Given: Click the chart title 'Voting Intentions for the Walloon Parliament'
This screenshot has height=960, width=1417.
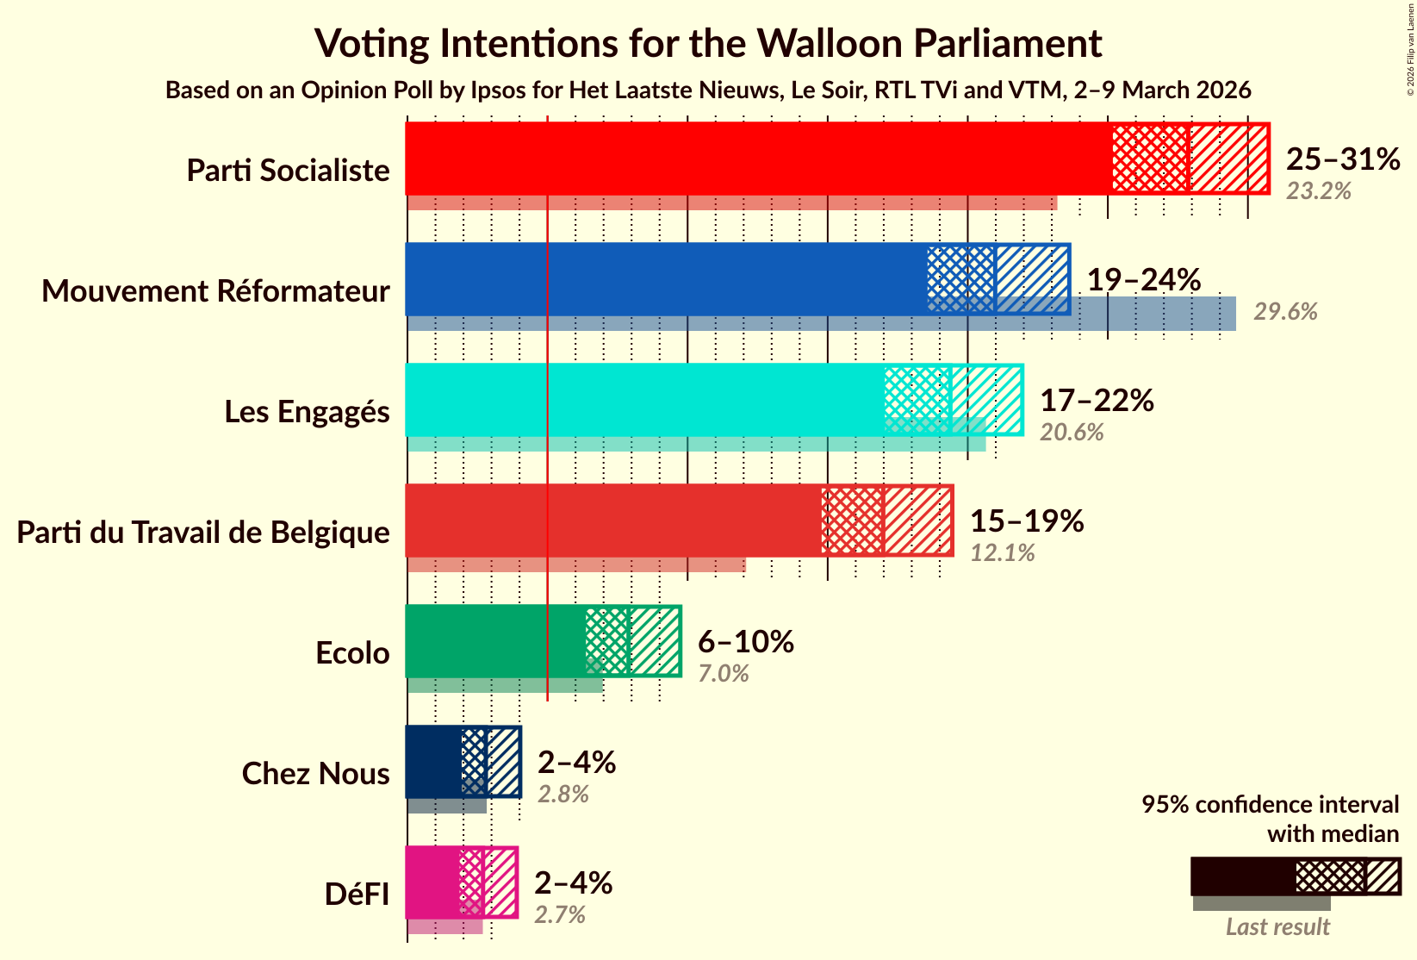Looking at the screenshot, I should [x=708, y=43].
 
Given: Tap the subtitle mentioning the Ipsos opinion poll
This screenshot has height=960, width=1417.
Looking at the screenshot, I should [x=708, y=90].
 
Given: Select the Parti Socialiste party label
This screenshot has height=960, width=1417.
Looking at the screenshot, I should [x=289, y=171].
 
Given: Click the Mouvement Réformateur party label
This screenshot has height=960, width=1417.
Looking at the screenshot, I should [x=216, y=291].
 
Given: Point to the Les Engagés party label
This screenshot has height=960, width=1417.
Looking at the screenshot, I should [x=308, y=412].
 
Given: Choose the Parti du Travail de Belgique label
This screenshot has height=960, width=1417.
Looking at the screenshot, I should [x=203, y=533].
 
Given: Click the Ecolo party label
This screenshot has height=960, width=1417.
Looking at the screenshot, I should [x=352, y=653].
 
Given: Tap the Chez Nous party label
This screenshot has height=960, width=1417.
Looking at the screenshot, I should [x=315, y=774].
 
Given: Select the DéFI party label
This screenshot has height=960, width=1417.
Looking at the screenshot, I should [x=357, y=895].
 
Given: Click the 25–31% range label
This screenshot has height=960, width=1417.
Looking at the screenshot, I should [x=1342, y=159].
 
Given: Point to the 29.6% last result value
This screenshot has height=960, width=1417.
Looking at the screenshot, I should [x=1285, y=312].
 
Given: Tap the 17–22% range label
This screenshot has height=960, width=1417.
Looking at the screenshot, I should [x=1097, y=400].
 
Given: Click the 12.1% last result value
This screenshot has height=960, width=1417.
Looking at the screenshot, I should [x=1003, y=553].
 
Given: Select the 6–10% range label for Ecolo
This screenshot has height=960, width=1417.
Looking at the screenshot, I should [x=745, y=641].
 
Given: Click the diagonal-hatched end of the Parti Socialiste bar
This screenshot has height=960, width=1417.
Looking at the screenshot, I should [x=1229, y=159].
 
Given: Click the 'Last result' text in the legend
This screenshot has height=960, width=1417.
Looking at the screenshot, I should [x=1277, y=927].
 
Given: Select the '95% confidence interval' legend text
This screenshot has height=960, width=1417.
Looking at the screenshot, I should [x=1270, y=804].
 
